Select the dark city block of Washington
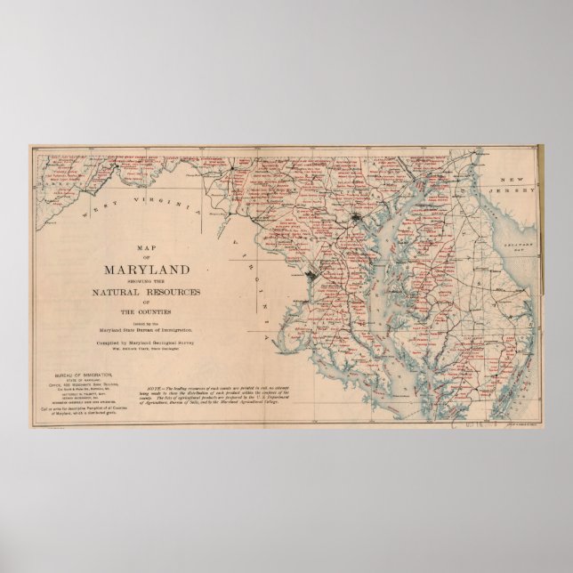[311, 278]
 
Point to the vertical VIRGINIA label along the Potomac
[256, 285]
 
